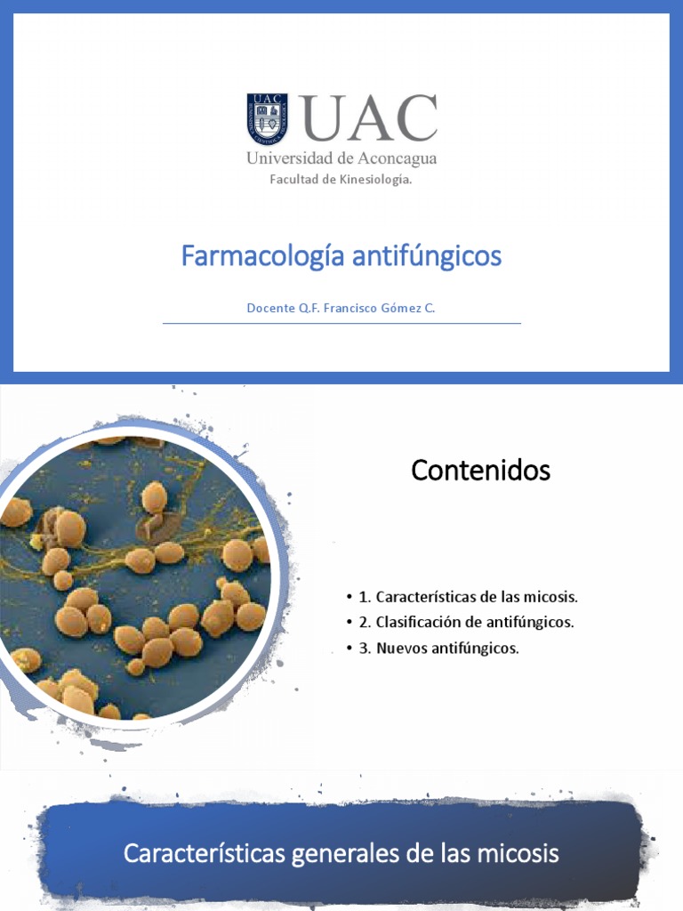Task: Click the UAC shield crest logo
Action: pos(267,119)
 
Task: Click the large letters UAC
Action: pos(370,118)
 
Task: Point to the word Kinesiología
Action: pos(374,180)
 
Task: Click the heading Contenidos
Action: pos(480,471)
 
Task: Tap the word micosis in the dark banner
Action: pos(518,854)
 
